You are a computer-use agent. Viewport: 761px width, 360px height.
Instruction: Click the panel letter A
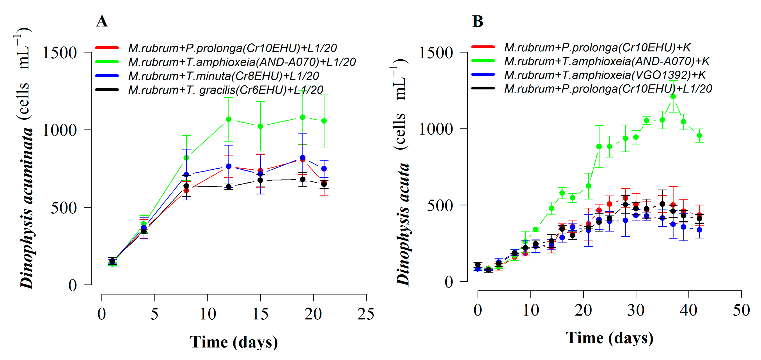click(x=102, y=21)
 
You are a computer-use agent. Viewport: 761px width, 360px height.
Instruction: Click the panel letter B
click(x=477, y=21)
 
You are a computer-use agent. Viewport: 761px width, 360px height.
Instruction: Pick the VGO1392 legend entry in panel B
click(x=605, y=75)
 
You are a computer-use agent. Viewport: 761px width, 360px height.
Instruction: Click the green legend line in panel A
click(x=107, y=62)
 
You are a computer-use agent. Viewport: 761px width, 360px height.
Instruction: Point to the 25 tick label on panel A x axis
click(x=366, y=314)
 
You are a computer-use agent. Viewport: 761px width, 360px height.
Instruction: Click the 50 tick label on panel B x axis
click(x=741, y=310)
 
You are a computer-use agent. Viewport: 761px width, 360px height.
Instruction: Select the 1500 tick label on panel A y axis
click(x=60, y=53)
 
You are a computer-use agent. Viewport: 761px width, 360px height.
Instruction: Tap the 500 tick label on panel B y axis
click(x=440, y=206)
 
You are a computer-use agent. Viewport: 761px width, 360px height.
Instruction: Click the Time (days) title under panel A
click(x=234, y=342)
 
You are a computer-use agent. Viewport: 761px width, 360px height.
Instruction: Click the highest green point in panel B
click(x=673, y=96)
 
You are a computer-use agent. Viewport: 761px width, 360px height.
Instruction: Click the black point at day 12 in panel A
click(x=228, y=187)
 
